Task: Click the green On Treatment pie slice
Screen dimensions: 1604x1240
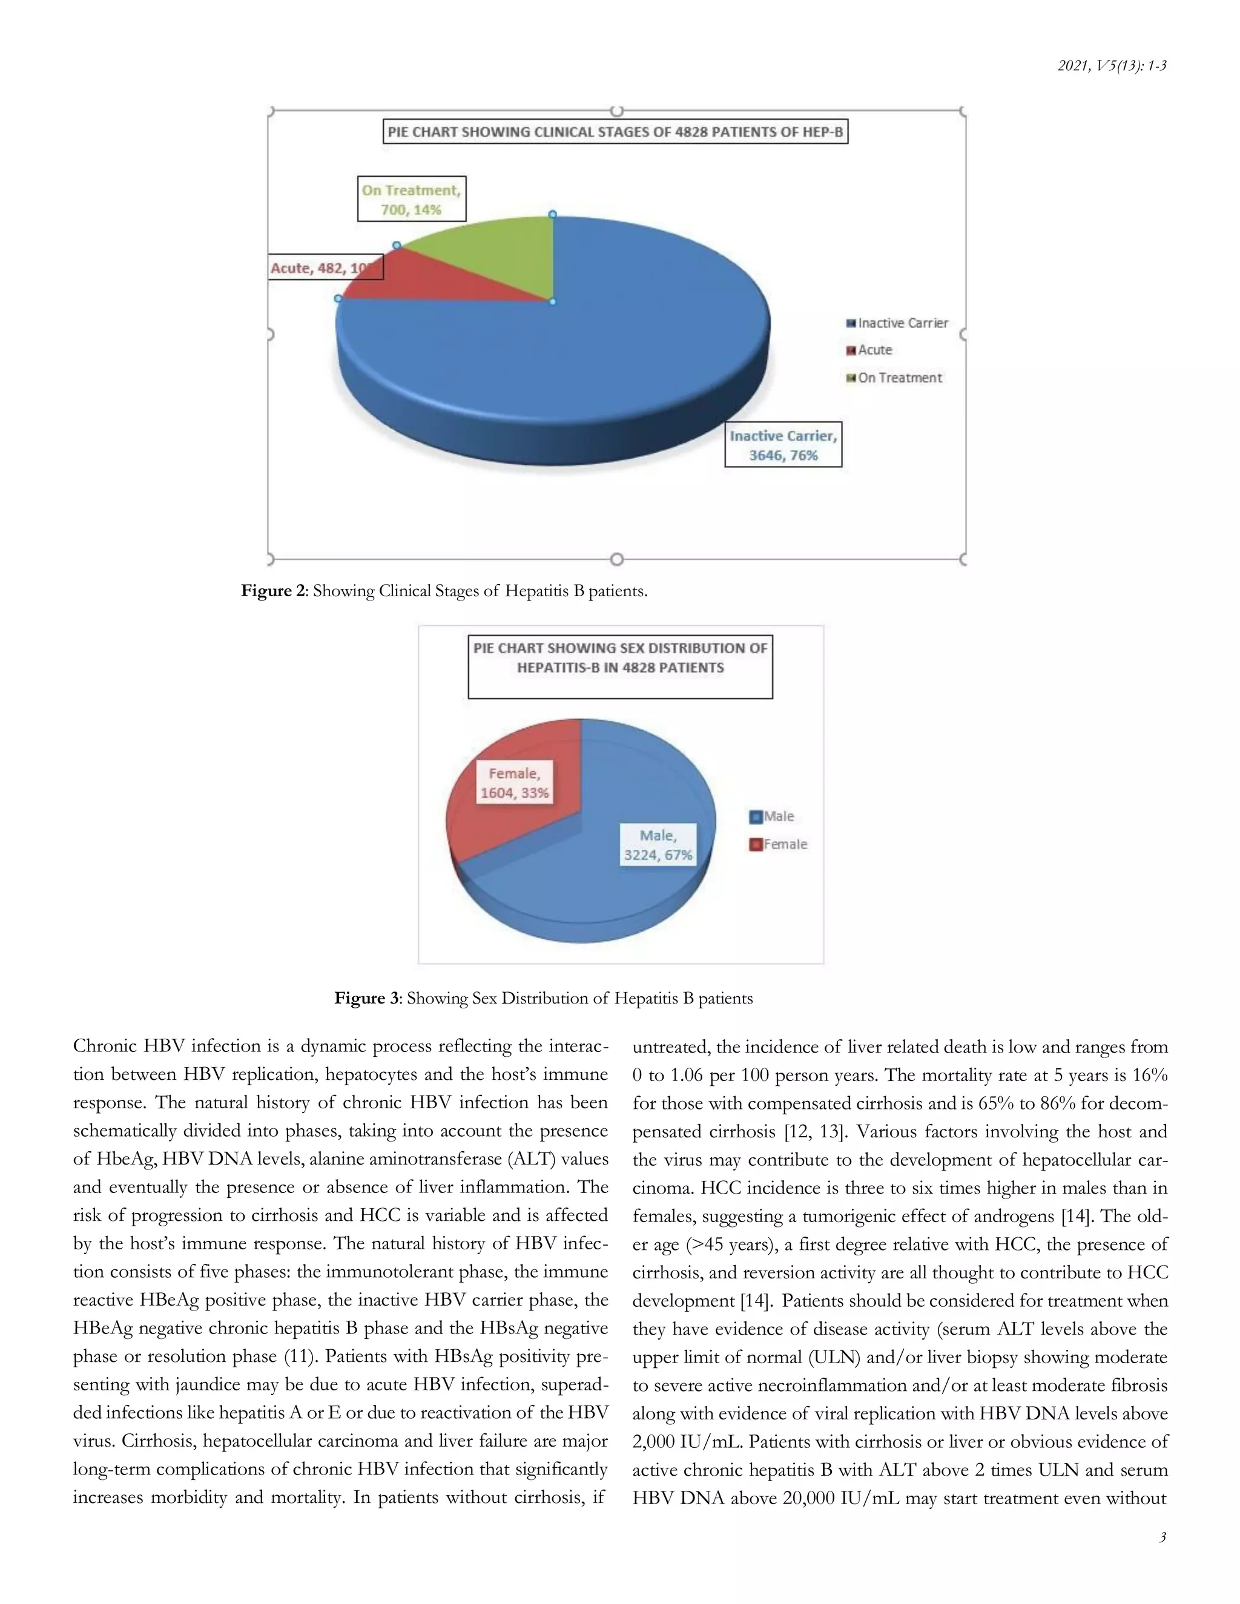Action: tap(500, 257)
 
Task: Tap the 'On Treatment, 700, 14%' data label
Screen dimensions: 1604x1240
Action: tap(411, 199)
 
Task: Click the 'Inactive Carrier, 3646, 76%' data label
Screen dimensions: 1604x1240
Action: tap(783, 445)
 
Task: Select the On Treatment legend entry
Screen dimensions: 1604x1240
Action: tap(894, 378)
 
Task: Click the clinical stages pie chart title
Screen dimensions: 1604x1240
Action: tap(616, 132)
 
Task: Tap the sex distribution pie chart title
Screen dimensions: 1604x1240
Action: tap(620, 658)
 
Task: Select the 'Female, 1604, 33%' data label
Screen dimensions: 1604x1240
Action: tap(514, 783)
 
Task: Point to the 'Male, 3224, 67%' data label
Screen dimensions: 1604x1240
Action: tap(658, 846)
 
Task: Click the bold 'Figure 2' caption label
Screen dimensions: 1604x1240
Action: tap(272, 591)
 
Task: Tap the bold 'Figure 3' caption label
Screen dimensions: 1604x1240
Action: tap(366, 998)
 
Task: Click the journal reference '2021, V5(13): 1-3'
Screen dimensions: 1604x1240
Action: tap(1112, 66)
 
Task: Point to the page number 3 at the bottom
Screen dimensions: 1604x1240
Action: tap(1162, 1537)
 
